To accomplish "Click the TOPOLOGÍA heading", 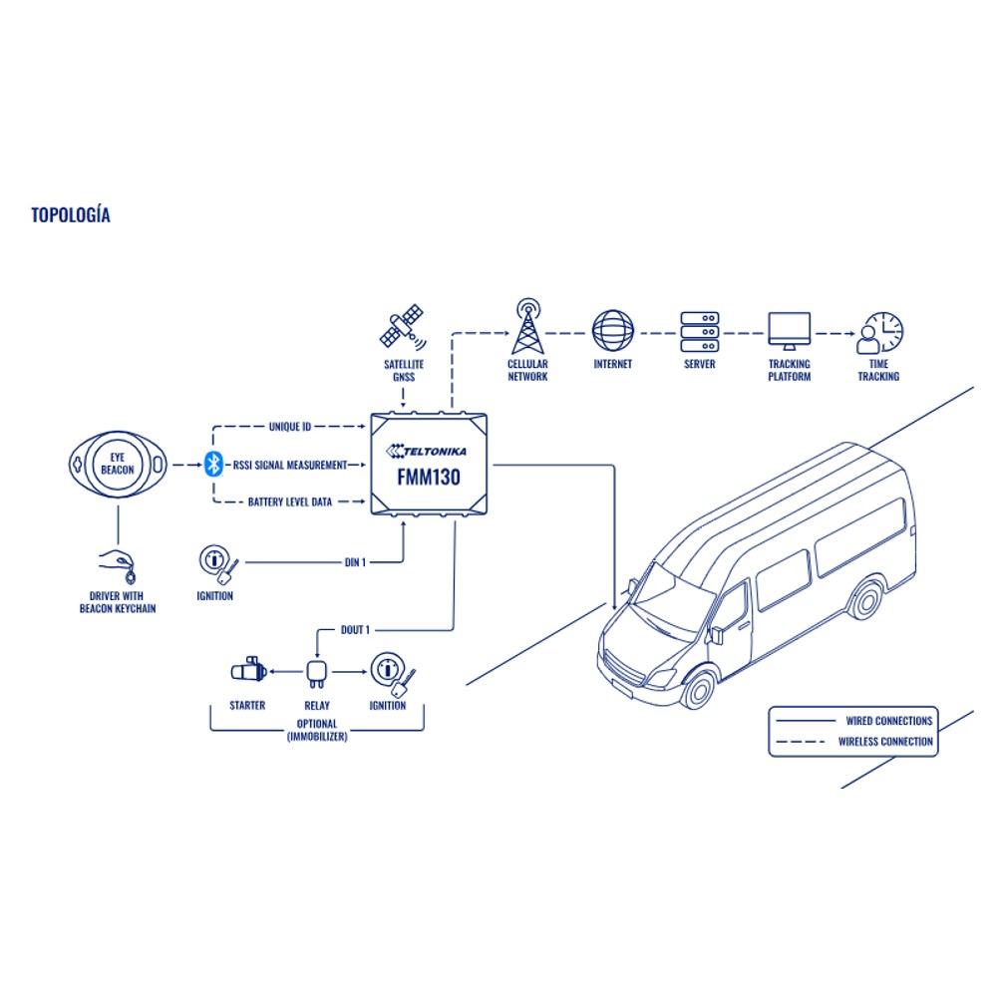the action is click(71, 215).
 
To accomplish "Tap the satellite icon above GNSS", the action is click(403, 327).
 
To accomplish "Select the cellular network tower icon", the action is click(527, 326).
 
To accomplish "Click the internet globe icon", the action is click(613, 331).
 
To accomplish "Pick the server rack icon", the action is click(700, 331).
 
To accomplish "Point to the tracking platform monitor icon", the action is click(789, 331).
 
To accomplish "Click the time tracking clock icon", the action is click(879, 333).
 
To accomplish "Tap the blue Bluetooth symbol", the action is click(213, 465).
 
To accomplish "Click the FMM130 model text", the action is click(429, 477).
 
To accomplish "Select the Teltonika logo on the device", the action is click(426, 451).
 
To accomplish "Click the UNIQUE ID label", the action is click(289, 427).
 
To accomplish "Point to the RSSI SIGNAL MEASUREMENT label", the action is click(290, 466).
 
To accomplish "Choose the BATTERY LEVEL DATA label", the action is click(290, 502).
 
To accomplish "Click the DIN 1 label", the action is click(355, 562).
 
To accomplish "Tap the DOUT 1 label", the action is click(355, 630).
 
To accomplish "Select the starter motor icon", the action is click(248, 670).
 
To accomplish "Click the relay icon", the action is click(317, 674).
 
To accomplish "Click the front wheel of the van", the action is click(699, 689).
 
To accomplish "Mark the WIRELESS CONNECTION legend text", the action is click(885, 742).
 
